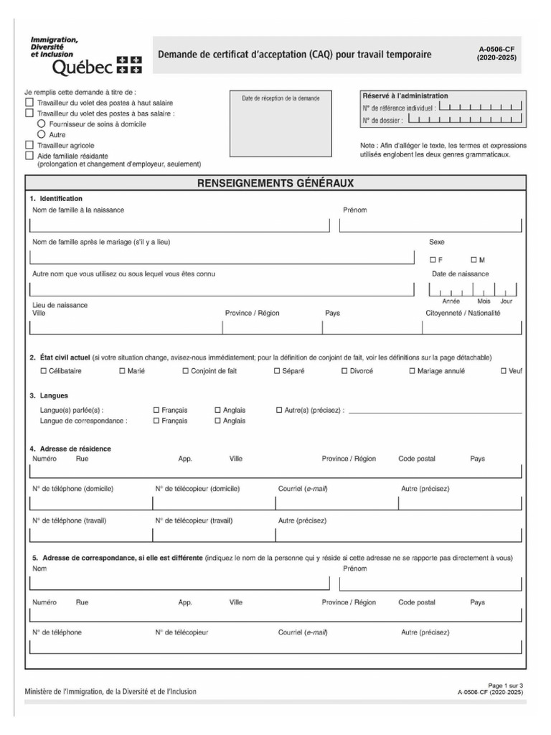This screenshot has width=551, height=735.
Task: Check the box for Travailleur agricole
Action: [x=29, y=145]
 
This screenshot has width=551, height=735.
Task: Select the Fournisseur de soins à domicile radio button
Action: [x=41, y=124]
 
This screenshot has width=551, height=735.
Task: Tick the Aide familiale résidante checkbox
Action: [x=29, y=155]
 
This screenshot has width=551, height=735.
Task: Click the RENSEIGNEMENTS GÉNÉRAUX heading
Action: [x=275, y=184]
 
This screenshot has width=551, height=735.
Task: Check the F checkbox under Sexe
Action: [x=433, y=259]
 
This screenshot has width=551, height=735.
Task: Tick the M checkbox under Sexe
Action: [x=474, y=259]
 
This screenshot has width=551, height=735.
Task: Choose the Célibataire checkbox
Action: [x=43, y=371]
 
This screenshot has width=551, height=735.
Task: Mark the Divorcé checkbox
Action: [x=344, y=371]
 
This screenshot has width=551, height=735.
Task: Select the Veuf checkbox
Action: [x=504, y=371]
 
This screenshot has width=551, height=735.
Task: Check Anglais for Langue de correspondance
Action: [x=218, y=421]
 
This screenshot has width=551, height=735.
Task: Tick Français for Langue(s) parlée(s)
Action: [x=156, y=410]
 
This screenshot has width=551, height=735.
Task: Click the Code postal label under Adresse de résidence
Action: [x=416, y=459]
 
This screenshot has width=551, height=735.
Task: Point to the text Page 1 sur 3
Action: [x=505, y=685]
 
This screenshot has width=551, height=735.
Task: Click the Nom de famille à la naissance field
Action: [x=179, y=226]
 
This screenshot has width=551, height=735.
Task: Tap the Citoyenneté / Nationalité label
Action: [x=463, y=313]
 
